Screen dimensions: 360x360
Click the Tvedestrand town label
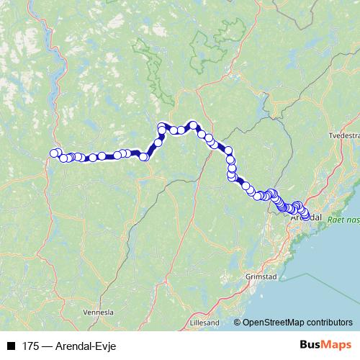pyautogui.click(x=343, y=135)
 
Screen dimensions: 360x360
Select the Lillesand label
pyautogui.click(x=204, y=323)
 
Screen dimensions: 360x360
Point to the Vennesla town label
pyautogui.click(x=99, y=312)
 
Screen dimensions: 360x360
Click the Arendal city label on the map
pyautogui.click(x=306, y=217)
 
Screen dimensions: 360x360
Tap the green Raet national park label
pyautogui.click(x=344, y=218)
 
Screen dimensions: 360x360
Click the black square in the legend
pyautogui.click(x=11, y=346)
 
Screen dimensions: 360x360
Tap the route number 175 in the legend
pyautogui.click(x=30, y=346)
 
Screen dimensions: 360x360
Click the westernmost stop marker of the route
pyautogui.click(x=53, y=153)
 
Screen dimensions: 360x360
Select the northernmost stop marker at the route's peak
pyautogui.click(x=192, y=125)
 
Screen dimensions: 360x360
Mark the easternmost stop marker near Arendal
pyautogui.click(x=306, y=216)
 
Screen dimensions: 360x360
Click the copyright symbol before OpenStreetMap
pyautogui.click(x=237, y=323)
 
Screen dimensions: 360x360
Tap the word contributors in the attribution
pyautogui.click(x=328, y=323)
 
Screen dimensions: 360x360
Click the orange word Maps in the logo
pyautogui.click(x=335, y=345)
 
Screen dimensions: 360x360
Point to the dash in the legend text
pyautogui.click(x=47, y=346)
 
